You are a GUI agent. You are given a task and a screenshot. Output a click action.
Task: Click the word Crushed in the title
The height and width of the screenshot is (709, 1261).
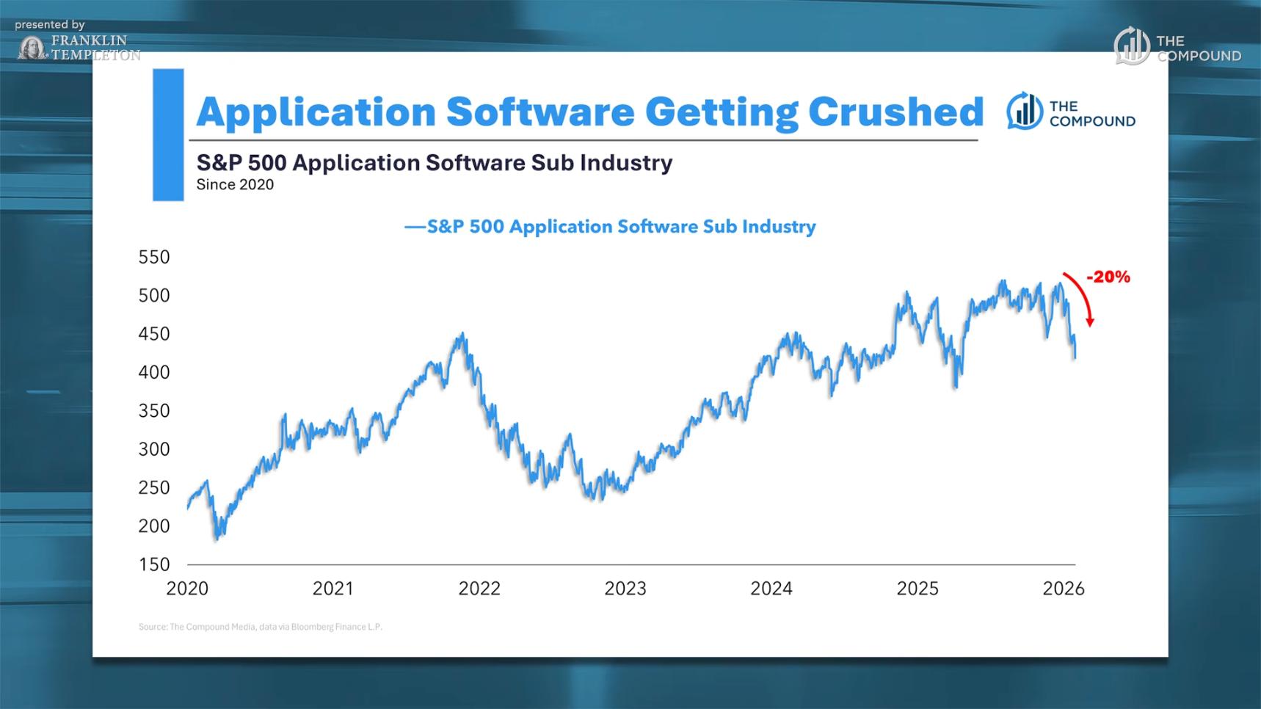click(x=895, y=112)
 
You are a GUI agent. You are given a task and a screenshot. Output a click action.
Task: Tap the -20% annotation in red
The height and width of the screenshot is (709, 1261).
click(x=1108, y=277)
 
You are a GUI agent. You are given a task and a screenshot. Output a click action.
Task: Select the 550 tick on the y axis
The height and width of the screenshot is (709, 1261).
click(x=153, y=257)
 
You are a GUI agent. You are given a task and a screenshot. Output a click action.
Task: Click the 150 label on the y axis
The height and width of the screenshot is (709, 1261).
click(x=153, y=564)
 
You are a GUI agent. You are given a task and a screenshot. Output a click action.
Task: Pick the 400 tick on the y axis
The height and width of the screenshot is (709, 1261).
click(x=153, y=372)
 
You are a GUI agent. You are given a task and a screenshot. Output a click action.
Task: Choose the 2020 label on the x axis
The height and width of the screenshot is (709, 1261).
click(x=187, y=589)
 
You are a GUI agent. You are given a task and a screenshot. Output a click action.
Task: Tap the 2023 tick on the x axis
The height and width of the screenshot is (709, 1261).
click(x=625, y=589)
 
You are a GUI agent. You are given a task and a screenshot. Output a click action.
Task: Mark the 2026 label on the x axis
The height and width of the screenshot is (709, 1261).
click(x=1064, y=589)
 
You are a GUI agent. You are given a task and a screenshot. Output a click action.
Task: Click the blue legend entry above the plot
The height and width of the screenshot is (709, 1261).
click(x=610, y=227)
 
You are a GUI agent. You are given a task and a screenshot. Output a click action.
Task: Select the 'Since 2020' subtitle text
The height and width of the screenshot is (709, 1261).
click(x=235, y=185)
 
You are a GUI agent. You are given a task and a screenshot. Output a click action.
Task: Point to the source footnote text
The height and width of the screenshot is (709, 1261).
click(x=261, y=627)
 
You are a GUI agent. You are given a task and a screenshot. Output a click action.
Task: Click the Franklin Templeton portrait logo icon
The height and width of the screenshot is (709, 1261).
click(x=32, y=48)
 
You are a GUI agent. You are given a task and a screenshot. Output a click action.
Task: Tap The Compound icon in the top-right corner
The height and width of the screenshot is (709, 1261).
click(x=1131, y=46)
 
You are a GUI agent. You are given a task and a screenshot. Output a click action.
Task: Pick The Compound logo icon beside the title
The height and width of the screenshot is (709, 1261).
click(x=1024, y=112)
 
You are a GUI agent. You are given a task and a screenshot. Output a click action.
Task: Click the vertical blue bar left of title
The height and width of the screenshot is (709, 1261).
click(x=168, y=134)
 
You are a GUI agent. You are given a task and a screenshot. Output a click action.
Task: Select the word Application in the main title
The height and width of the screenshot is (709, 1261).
click(x=316, y=112)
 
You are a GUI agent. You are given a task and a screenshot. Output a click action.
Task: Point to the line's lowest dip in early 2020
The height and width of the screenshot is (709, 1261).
click(x=217, y=539)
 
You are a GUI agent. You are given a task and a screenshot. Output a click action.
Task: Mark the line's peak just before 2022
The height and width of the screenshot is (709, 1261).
click(x=462, y=334)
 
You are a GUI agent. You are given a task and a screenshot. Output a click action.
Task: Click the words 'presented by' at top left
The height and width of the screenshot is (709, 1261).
click(x=50, y=25)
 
